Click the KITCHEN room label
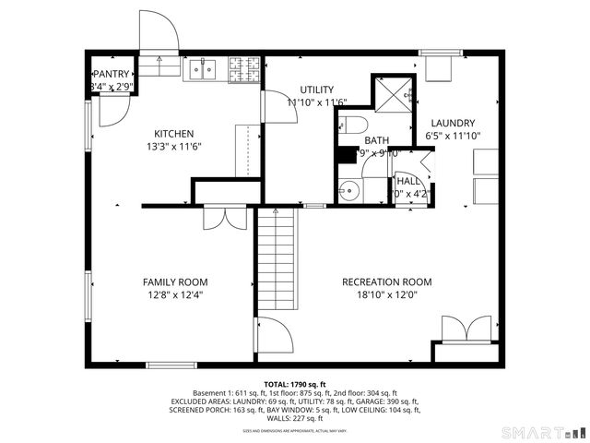[x=173, y=134]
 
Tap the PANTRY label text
[x=112, y=74]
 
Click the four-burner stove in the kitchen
[x=244, y=67]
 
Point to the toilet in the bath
[x=355, y=125]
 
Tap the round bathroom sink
[x=349, y=193]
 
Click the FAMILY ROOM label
[x=174, y=282]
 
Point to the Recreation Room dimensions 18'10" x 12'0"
[x=386, y=295]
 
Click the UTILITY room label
[x=303, y=90]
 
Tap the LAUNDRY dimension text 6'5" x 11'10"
[x=454, y=136]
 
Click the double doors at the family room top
[x=222, y=217]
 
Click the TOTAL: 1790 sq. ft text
[x=294, y=383]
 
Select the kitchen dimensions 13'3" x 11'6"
[x=173, y=147]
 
